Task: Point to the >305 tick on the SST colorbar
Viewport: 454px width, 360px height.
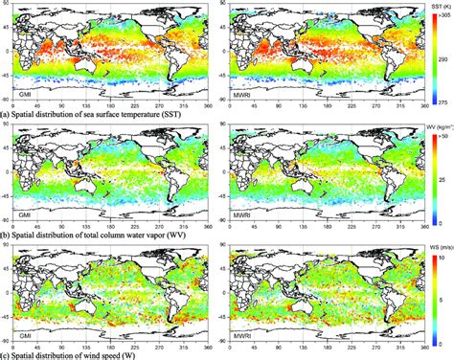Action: click(443, 16)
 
